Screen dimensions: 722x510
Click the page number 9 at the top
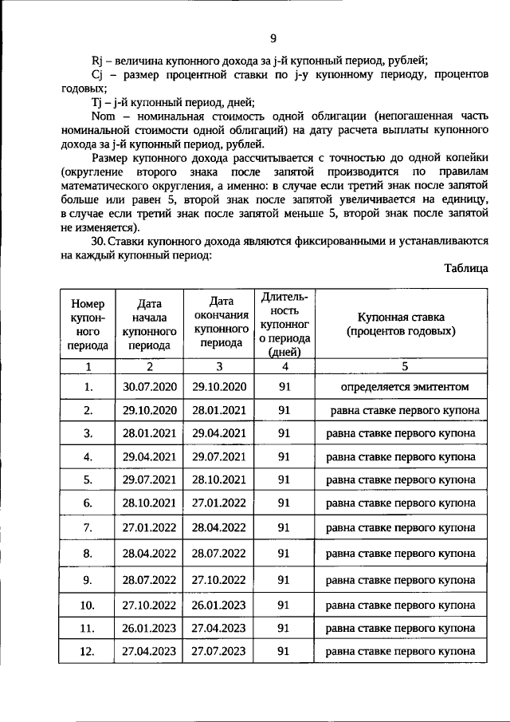pos(273,38)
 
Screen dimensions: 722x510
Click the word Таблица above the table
pos(466,269)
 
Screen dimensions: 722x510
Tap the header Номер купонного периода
pos(88,325)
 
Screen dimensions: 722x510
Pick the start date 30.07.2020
pos(148,387)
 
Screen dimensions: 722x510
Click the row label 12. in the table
pos(88,651)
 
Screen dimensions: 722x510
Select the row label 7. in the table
pos(88,527)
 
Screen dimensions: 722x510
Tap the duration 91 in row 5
pos(284,479)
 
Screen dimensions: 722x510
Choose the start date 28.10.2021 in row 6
pos(148,503)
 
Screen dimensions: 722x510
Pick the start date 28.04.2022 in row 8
pos(148,552)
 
